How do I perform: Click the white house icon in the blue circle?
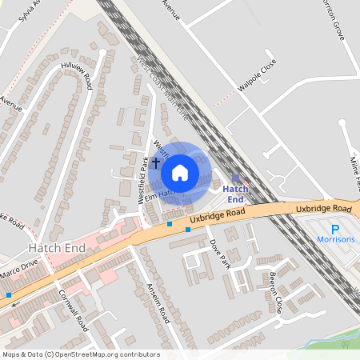(180, 172)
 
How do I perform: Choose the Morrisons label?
(334, 239)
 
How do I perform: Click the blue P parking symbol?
(324, 227)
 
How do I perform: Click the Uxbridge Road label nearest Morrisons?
(323, 209)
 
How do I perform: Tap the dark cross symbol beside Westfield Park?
(156, 162)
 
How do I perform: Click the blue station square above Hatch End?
(235, 177)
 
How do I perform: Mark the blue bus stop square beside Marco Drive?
(8, 295)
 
